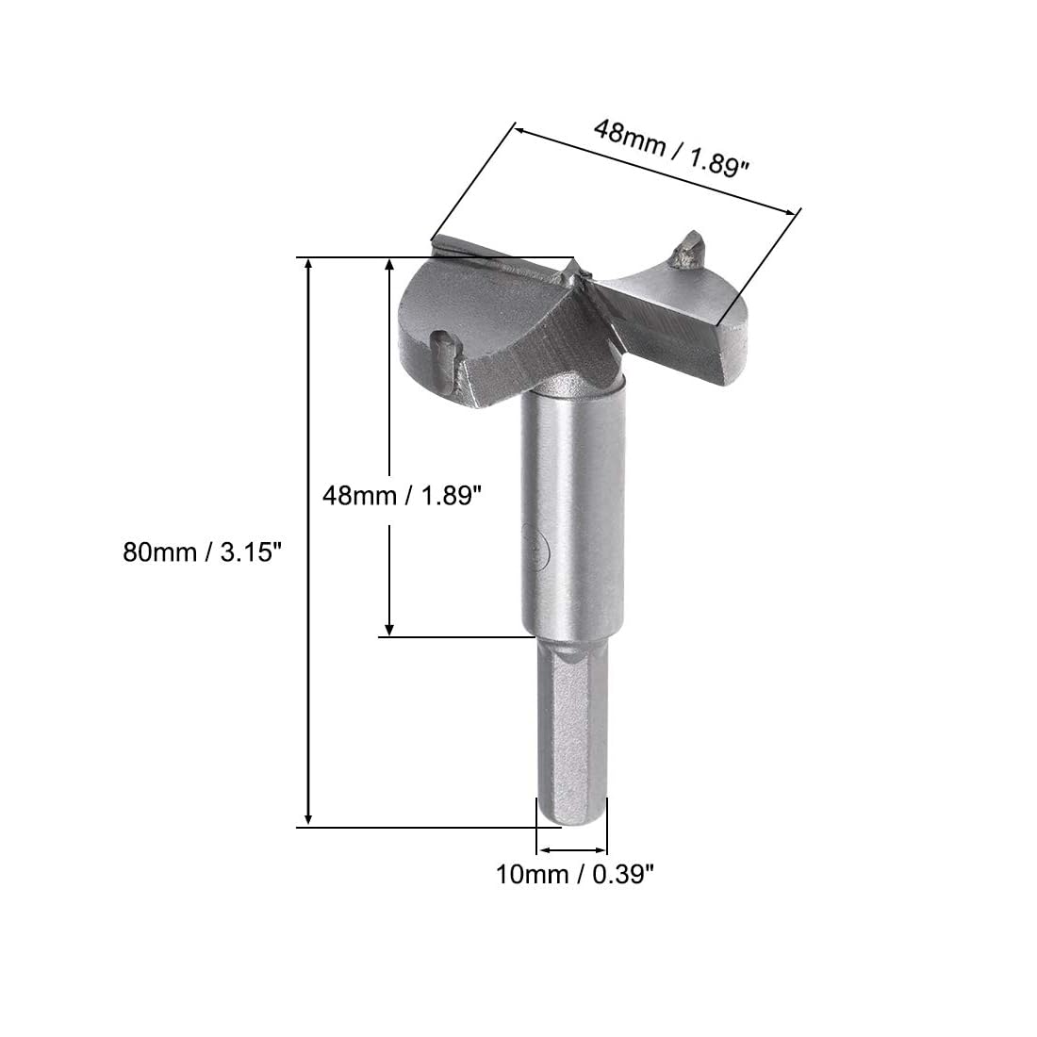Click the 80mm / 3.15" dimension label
pyautogui.click(x=203, y=551)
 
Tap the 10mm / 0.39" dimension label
pyautogui.click(x=575, y=874)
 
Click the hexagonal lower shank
pyautogui.click(x=571, y=731)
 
